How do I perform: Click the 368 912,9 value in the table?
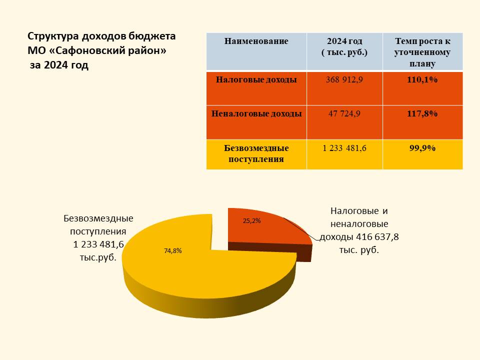(x=344, y=79)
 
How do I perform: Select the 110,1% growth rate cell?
(x=422, y=79)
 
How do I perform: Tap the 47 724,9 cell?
(x=344, y=113)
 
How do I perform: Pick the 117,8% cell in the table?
(x=422, y=113)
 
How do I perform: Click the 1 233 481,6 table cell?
(x=344, y=148)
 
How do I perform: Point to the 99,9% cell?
(x=422, y=148)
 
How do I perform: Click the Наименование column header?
(x=256, y=41)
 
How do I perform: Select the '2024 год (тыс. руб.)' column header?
(x=344, y=46)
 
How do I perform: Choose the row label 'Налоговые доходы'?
(x=256, y=79)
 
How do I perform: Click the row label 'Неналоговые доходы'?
(x=256, y=113)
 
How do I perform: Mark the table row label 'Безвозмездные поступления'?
(x=256, y=153)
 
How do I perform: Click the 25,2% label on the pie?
(x=251, y=220)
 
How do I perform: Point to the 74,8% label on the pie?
(x=173, y=251)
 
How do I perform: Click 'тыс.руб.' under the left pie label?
(x=98, y=257)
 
